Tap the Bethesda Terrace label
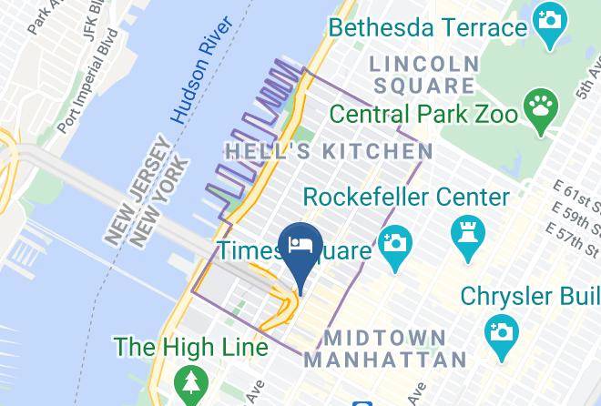pos(427,26)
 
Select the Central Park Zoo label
pos(423,115)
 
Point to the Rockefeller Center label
pos(405,196)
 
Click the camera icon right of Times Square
pos(395,247)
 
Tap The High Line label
pos(190,347)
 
